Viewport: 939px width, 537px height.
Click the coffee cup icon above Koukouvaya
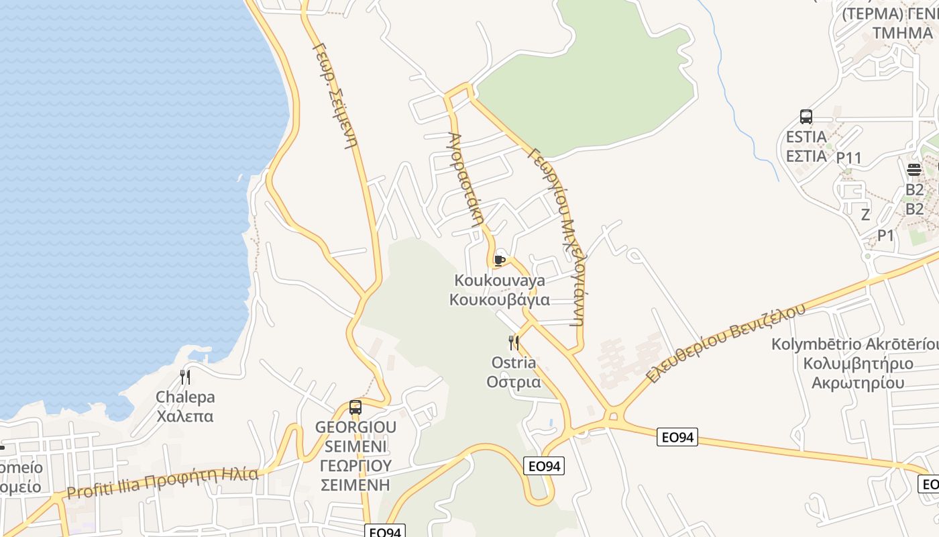coord(499,260)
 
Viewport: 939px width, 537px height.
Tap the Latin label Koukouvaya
coord(500,280)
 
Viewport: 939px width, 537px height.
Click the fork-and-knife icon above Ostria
coord(514,344)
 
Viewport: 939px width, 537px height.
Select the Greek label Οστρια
coord(514,382)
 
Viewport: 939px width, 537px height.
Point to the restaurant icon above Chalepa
coord(185,377)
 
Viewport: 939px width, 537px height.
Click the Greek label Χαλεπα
coord(184,416)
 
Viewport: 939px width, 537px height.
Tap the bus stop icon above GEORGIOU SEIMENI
coord(355,407)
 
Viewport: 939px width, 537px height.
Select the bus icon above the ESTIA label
coord(806,117)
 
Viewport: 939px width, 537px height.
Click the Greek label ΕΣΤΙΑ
coord(806,156)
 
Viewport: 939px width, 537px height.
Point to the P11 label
coord(848,158)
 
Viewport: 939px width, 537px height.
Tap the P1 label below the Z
coord(886,236)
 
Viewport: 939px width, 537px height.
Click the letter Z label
coord(865,215)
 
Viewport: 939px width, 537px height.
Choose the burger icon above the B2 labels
coord(914,170)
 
